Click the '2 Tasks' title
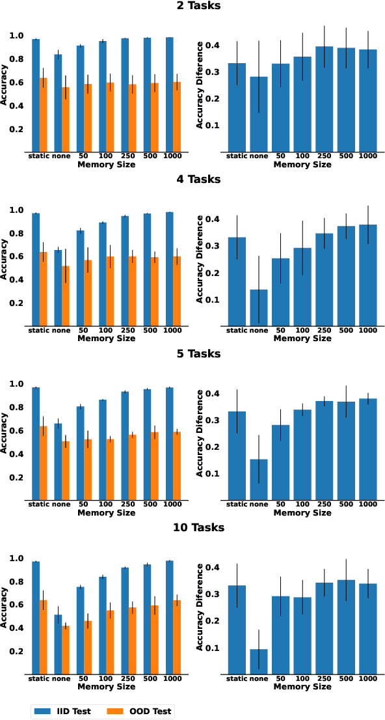coord(192,6)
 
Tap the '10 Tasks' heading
coord(192,527)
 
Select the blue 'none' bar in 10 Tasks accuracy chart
coord(58,644)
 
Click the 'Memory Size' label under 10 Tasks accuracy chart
coord(107,686)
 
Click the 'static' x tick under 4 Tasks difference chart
coord(237,331)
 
